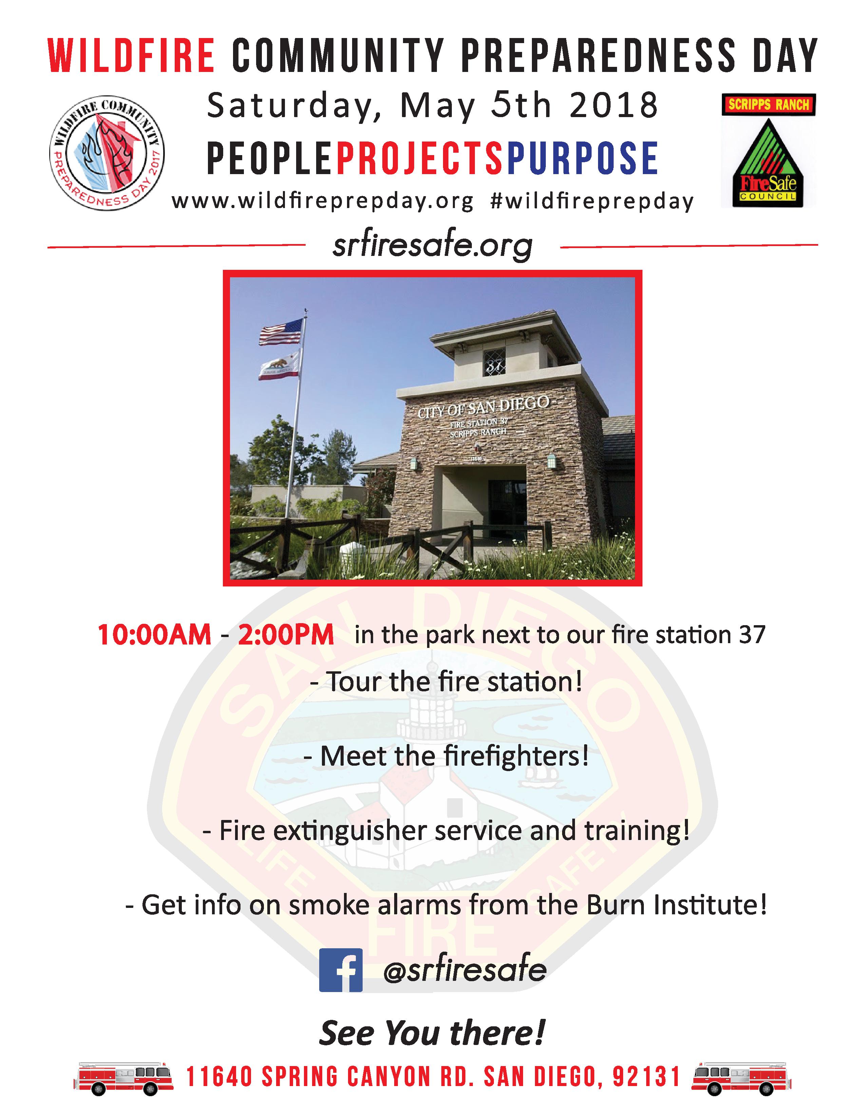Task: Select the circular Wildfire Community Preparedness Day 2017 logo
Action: (106, 153)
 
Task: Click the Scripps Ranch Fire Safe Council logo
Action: (768, 150)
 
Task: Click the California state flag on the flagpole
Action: (279, 365)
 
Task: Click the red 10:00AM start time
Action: (154, 635)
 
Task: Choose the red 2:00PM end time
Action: (285, 635)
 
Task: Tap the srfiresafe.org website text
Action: (432, 247)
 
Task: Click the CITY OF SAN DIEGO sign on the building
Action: (483, 407)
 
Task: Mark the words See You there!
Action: (431, 1032)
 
